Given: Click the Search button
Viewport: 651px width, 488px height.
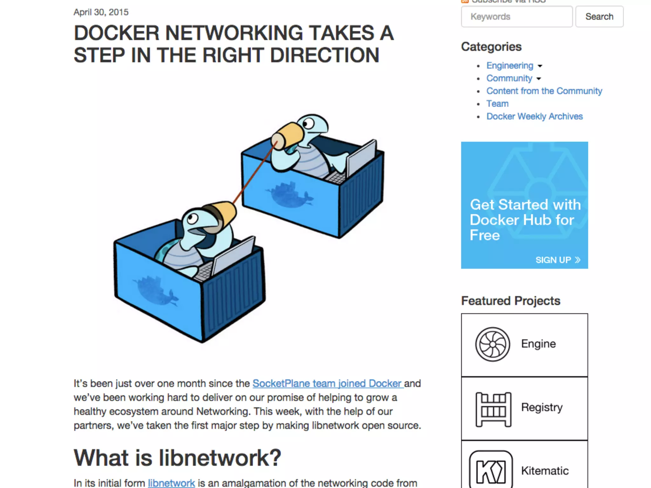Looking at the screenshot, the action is click(x=599, y=17).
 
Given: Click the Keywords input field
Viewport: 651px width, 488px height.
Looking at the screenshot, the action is click(x=517, y=17).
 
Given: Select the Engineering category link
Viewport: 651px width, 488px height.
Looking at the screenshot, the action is click(x=510, y=65).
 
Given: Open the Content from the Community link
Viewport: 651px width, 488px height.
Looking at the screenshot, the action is click(x=544, y=91).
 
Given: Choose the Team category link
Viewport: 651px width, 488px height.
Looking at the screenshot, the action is click(x=497, y=104).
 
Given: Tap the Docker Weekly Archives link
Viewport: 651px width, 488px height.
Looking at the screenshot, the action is click(x=534, y=116).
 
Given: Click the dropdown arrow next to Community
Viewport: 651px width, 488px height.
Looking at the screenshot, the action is click(x=539, y=78).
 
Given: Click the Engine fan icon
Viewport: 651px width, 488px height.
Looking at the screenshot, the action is click(x=492, y=344).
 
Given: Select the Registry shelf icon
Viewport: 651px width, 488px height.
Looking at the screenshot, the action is click(x=493, y=409).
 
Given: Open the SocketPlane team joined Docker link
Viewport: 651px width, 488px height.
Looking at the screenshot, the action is click(x=328, y=383).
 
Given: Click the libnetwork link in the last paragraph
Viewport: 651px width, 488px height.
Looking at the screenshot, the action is click(x=171, y=483).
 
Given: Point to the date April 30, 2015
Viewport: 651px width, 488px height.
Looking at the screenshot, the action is click(x=101, y=12).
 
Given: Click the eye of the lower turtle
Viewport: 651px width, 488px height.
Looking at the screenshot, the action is click(x=192, y=218).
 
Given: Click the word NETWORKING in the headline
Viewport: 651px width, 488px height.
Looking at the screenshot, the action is click(x=234, y=33).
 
